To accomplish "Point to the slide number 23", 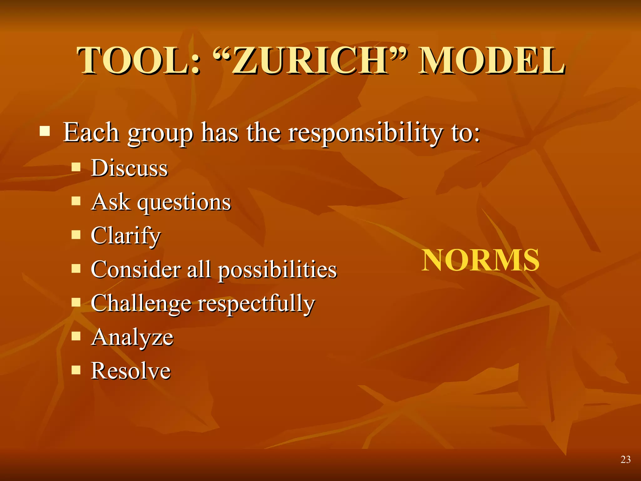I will [x=625, y=459].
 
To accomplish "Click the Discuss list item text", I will [x=129, y=168].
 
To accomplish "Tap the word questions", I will [x=184, y=202].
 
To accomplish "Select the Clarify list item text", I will [x=126, y=236].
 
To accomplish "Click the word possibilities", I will [x=277, y=270].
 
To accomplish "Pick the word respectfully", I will [x=256, y=304].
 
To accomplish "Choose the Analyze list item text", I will [x=132, y=338].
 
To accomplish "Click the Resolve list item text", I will [x=131, y=371].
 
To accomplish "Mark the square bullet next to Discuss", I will [x=76, y=167].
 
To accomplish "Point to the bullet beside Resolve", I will [x=76, y=370].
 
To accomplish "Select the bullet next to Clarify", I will [x=76, y=234].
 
